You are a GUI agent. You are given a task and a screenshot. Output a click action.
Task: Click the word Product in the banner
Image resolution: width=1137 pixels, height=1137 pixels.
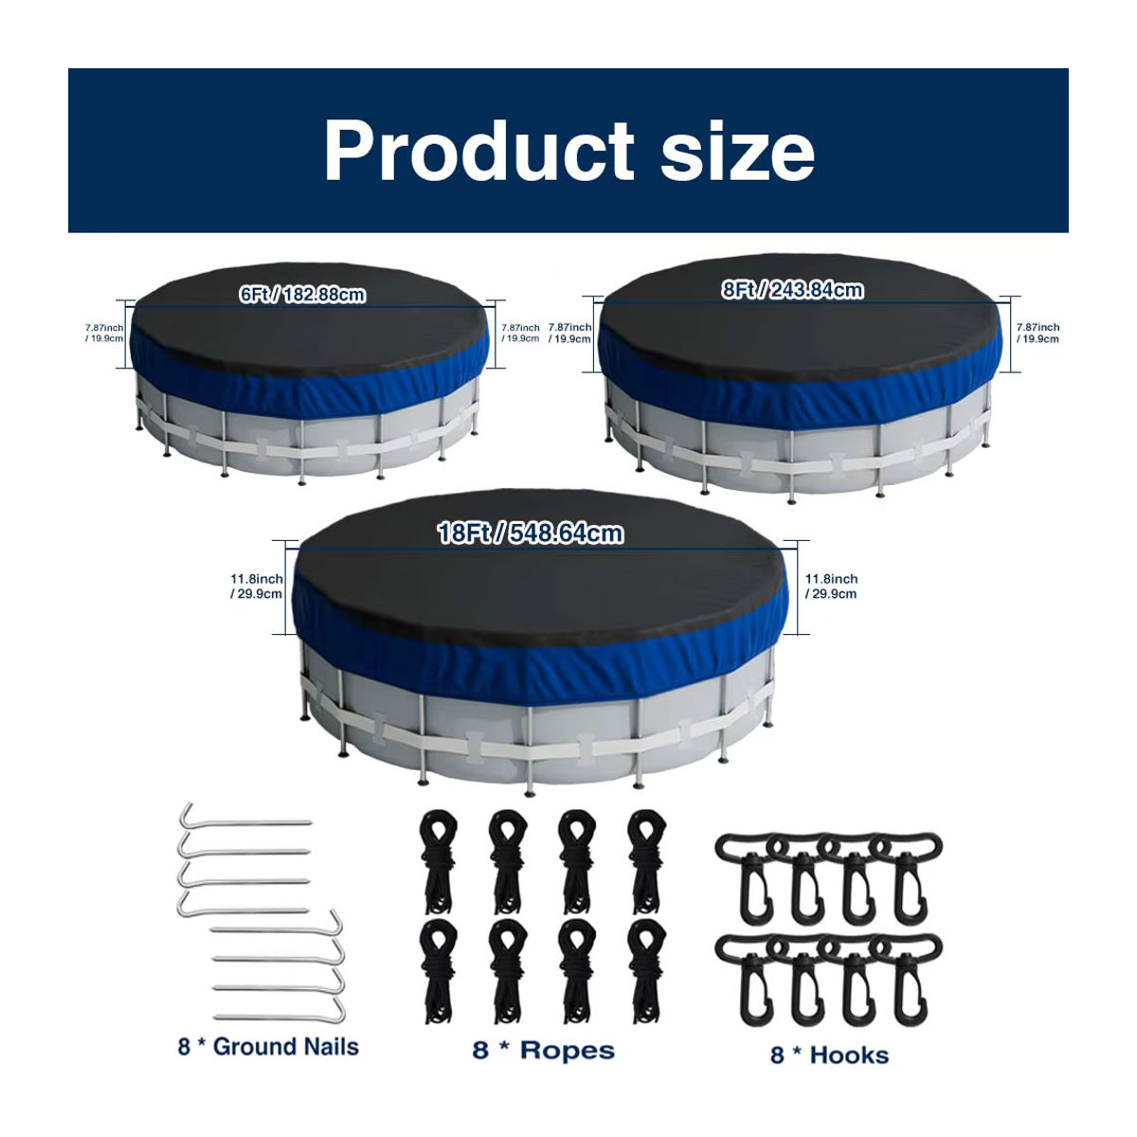tap(478, 151)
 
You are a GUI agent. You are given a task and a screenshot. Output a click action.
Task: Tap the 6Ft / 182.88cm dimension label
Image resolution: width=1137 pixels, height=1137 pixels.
tap(302, 295)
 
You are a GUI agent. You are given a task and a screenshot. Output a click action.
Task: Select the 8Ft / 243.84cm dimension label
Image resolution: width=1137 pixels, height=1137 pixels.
tap(792, 290)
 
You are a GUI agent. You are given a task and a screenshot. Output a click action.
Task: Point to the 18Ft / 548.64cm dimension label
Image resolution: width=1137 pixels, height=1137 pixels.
tap(530, 533)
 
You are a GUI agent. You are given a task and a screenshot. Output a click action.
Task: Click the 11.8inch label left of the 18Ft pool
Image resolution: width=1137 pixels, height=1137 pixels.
tap(257, 586)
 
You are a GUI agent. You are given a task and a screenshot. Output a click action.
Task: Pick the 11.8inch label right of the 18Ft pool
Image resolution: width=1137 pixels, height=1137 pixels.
tap(831, 586)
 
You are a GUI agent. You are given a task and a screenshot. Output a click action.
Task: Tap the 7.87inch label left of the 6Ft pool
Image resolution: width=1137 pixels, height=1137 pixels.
tap(104, 333)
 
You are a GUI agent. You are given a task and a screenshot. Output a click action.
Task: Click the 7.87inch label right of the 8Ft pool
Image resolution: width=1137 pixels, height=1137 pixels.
tap(1038, 333)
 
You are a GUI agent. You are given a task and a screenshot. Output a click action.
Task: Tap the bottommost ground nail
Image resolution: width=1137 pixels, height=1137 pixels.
tap(278, 1017)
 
